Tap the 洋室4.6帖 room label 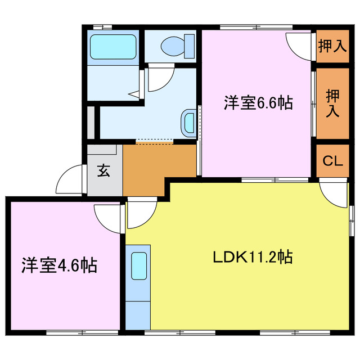(x=60, y=264)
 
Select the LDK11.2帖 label (x=251, y=258)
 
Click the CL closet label (x=332, y=161)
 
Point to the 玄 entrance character (x=104, y=170)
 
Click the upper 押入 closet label (x=332, y=46)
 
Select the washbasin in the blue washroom (x=189, y=121)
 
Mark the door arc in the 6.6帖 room (x=299, y=45)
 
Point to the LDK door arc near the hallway (x=141, y=214)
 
